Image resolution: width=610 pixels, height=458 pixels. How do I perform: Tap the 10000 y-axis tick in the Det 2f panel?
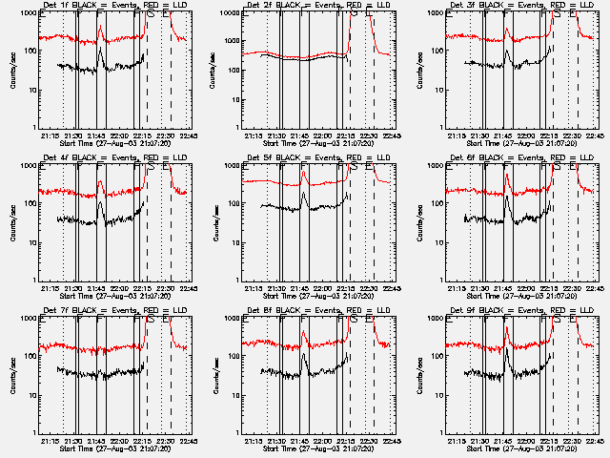click(227, 13)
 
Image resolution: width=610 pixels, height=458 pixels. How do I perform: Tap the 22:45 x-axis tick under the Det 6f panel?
click(593, 287)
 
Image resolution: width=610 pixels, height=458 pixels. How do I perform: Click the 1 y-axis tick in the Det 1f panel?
click(32, 128)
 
